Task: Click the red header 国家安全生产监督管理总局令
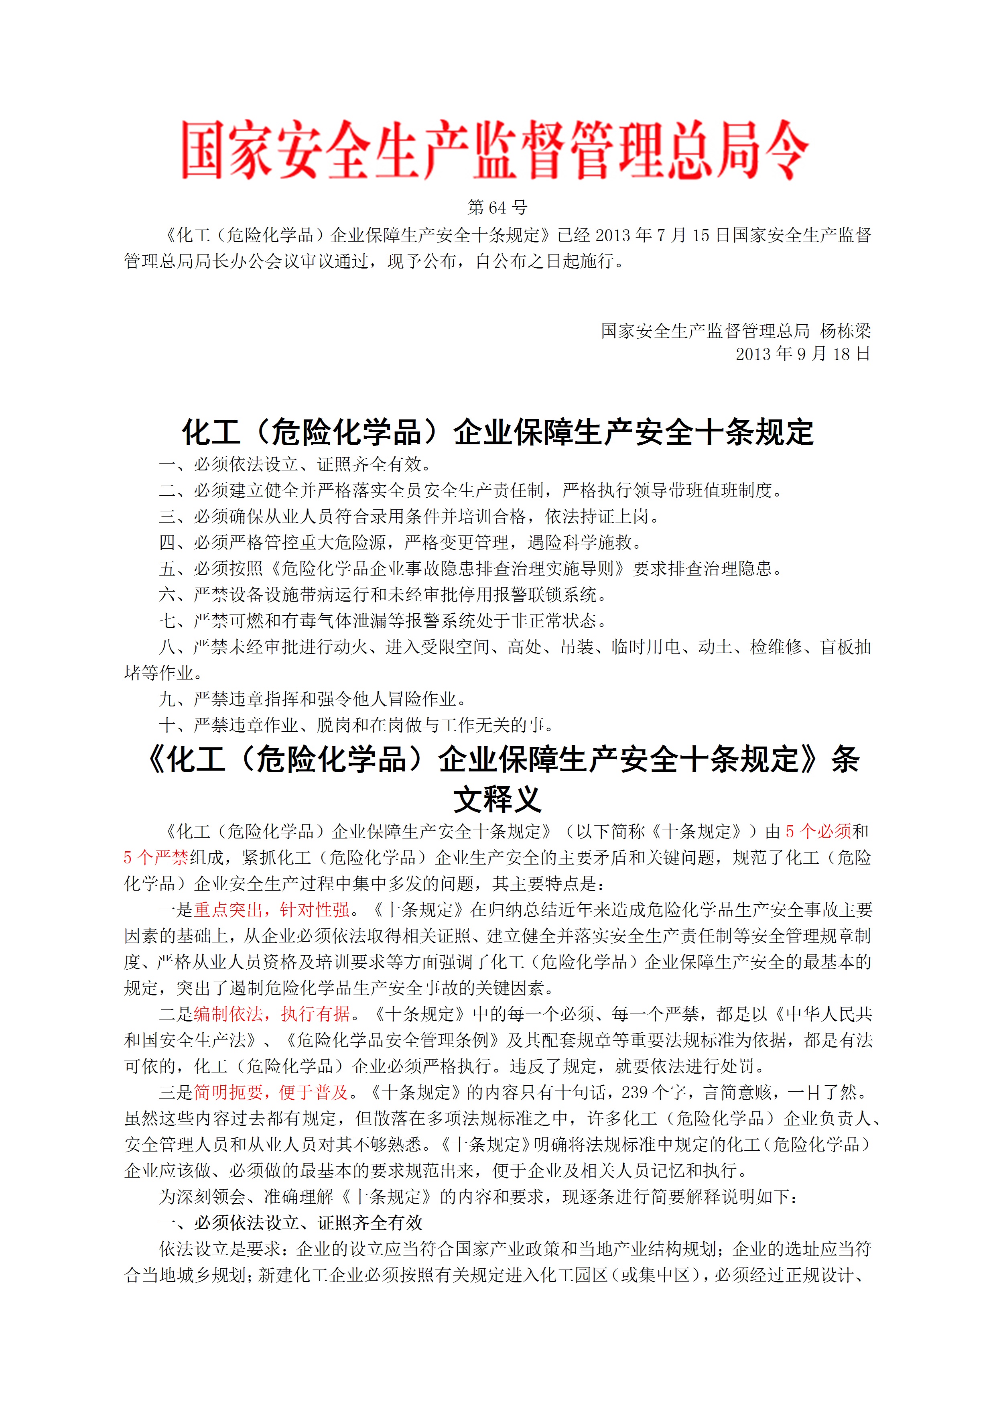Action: pos(495,150)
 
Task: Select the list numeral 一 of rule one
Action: pos(167,464)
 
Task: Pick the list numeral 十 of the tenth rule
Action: pos(167,725)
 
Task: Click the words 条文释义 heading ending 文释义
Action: pos(497,799)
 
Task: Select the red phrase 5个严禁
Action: pos(156,857)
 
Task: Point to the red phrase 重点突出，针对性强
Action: pos(272,910)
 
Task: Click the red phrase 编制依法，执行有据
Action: pos(272,1014)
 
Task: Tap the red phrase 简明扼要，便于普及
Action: pos(272,1092)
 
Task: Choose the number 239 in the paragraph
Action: pos(635,1092)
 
